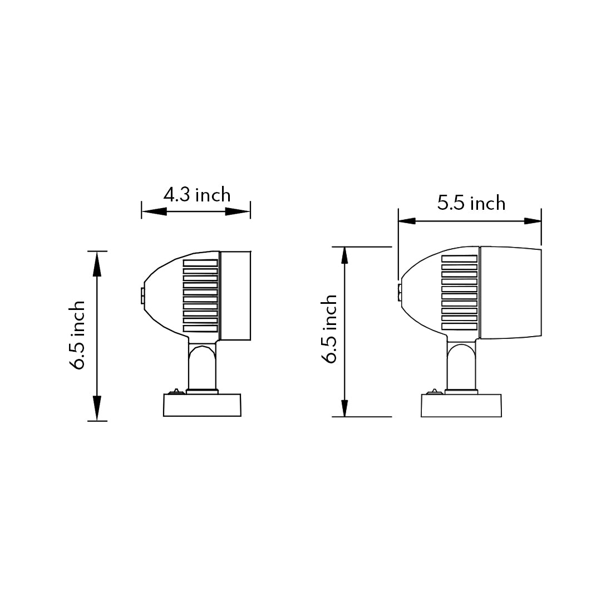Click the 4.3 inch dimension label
tap(197, 195)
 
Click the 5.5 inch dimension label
tap(471, 203)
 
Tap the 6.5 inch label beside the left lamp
tap(77, 335)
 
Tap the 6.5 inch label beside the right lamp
tap(329, 329)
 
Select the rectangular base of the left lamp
tap(202, 405)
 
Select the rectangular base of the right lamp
tap(461, 406)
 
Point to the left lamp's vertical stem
tap(203, 366)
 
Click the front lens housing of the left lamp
tap(236, 295)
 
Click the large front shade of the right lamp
tap(510, 293)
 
